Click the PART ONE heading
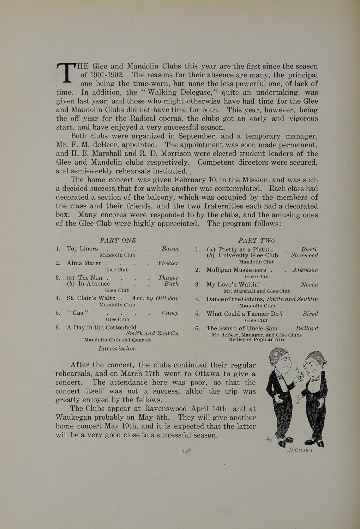click(118, 241)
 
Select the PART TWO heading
click(257, 241)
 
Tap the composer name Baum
click(170, 249)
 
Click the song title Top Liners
click(82, 249)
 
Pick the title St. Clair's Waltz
click(91, 298)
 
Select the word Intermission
click(116, 348)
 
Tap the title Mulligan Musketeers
click(236, 270)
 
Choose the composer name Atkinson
click(305, 270)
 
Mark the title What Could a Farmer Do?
click(244, 314)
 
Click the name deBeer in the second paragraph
click(96, 145)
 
